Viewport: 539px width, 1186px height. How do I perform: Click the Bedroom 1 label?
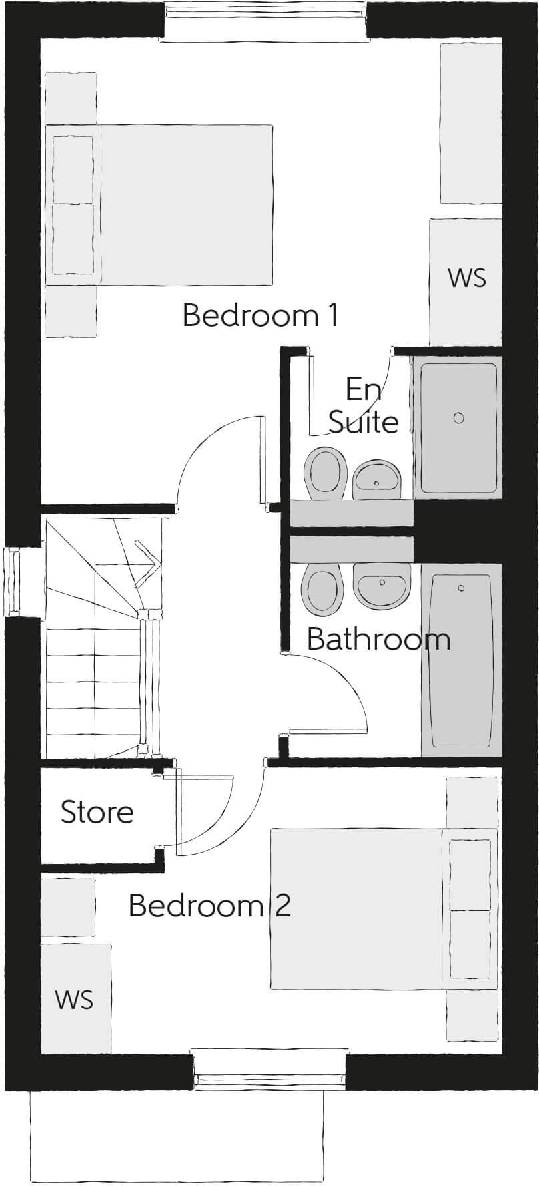point(260,315)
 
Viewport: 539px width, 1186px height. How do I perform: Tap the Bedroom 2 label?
point(209,906)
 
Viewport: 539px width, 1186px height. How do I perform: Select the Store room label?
point(97,812)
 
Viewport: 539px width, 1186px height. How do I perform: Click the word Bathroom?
point(378,640)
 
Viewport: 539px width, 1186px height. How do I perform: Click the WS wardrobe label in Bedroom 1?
point(467,278)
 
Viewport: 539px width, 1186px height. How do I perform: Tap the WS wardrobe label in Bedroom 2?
point(74,1000)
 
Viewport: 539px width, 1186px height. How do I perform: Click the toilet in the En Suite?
point(325,471)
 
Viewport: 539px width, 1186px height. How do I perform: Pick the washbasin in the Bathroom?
point(382,586)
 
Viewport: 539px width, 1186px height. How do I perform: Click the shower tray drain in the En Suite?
point(458,418)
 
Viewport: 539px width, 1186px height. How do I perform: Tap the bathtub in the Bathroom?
point(460,661)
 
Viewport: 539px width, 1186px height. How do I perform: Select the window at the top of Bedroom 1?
point(265,20)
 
